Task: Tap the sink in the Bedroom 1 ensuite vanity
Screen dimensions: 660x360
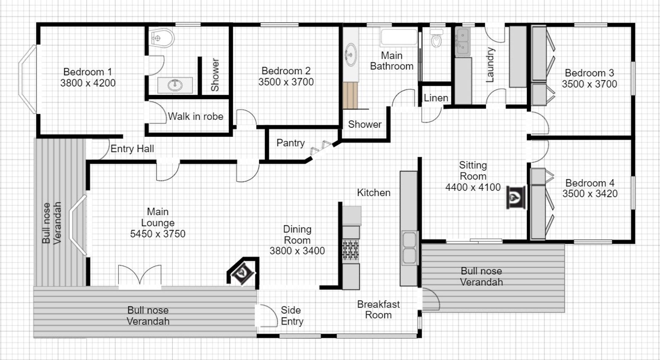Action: [175, 85]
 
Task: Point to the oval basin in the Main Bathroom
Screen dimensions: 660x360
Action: [351, 55]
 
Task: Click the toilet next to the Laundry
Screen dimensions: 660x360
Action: [436, 39]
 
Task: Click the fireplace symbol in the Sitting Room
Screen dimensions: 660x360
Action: [516, 197]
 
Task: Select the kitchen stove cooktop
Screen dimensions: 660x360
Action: [351, 250]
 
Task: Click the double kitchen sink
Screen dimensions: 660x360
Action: [409, 248]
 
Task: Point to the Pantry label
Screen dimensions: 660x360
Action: [290, 143]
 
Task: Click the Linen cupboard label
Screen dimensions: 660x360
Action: [436, 98]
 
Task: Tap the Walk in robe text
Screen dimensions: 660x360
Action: [196, 116]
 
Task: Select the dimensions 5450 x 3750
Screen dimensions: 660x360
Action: [158, 234]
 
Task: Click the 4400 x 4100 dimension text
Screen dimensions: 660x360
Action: [473, 187]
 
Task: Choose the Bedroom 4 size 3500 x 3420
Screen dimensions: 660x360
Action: [590, 194]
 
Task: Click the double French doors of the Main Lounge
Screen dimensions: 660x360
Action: [140, 277]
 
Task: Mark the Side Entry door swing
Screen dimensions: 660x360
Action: [266, 315]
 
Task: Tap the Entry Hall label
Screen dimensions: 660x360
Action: [132, 149]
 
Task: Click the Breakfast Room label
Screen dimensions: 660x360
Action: [378, 309]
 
